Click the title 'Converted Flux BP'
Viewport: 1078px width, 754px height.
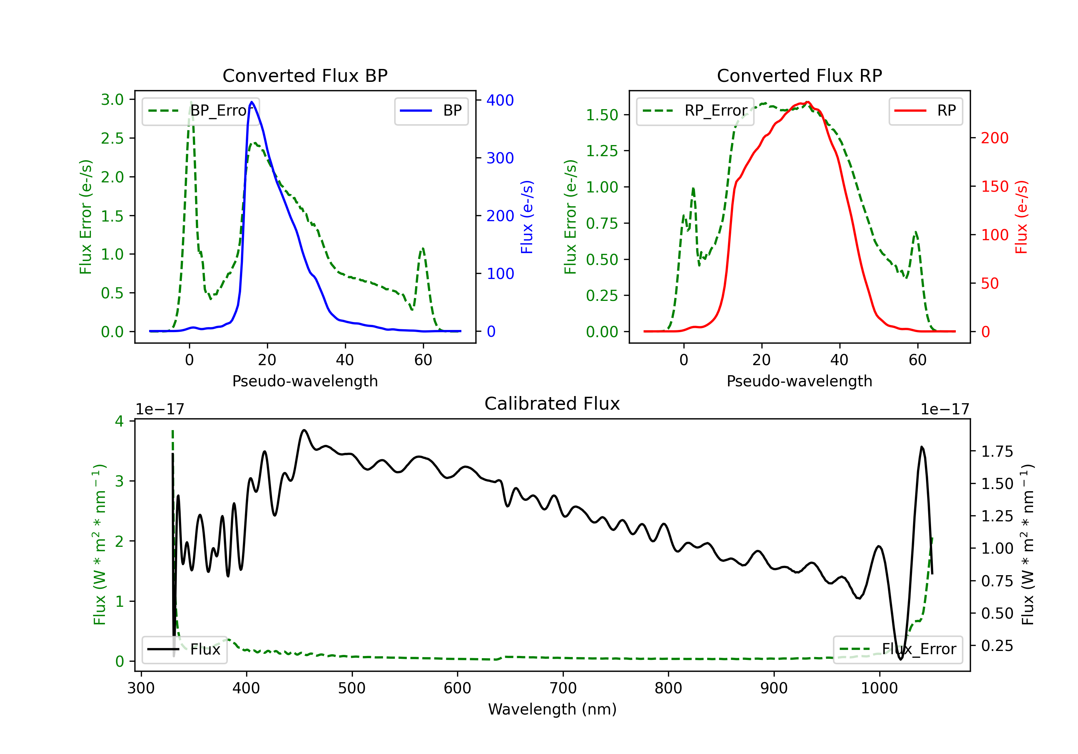coord(305,75)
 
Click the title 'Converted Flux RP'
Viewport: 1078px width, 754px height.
coord(799,75)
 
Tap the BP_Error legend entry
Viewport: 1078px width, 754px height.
coord(201,111)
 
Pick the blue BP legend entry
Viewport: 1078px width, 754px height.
coord(431,111)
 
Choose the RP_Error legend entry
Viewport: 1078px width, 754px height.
coord(695,111)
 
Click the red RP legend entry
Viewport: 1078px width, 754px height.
coord(925,111)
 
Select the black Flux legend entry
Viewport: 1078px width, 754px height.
coord(184,650)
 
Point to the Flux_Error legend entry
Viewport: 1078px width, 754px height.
coord(898,650)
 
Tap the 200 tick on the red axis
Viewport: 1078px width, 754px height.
coord(994,138)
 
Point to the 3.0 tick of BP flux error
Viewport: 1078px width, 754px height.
coord(112,99)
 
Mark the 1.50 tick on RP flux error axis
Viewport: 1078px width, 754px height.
coord(602,115)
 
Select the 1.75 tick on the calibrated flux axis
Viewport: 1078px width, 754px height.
coord(997,451)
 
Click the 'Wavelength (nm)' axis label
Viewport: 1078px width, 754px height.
coord(552,709)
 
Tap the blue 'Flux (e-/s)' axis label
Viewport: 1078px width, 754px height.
coord(527,217)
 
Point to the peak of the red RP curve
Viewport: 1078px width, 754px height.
coord(807,102)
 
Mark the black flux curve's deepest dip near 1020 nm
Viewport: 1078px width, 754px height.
coord(900,659)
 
